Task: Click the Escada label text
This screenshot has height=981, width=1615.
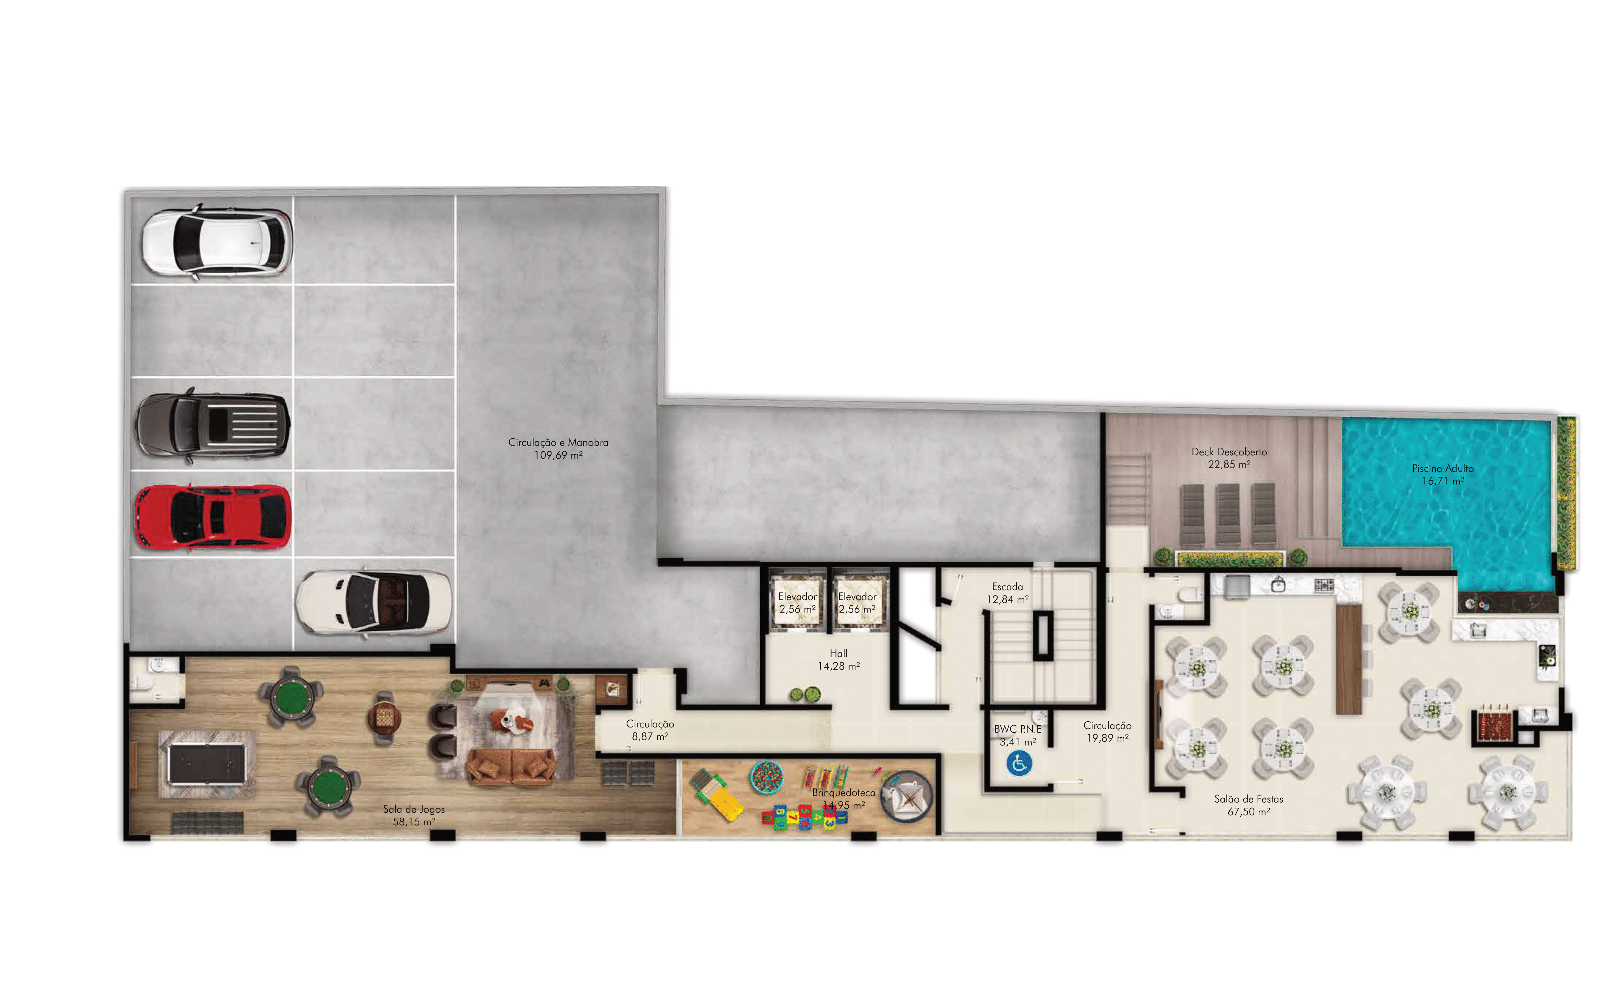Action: click(x=1007, y=587)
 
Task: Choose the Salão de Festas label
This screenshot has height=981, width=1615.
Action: click(x=1249, y=805)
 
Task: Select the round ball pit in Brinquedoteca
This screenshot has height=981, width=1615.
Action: click(x=766, y=778)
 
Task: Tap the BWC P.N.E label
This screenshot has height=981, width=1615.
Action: click(x=1017, y=729)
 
